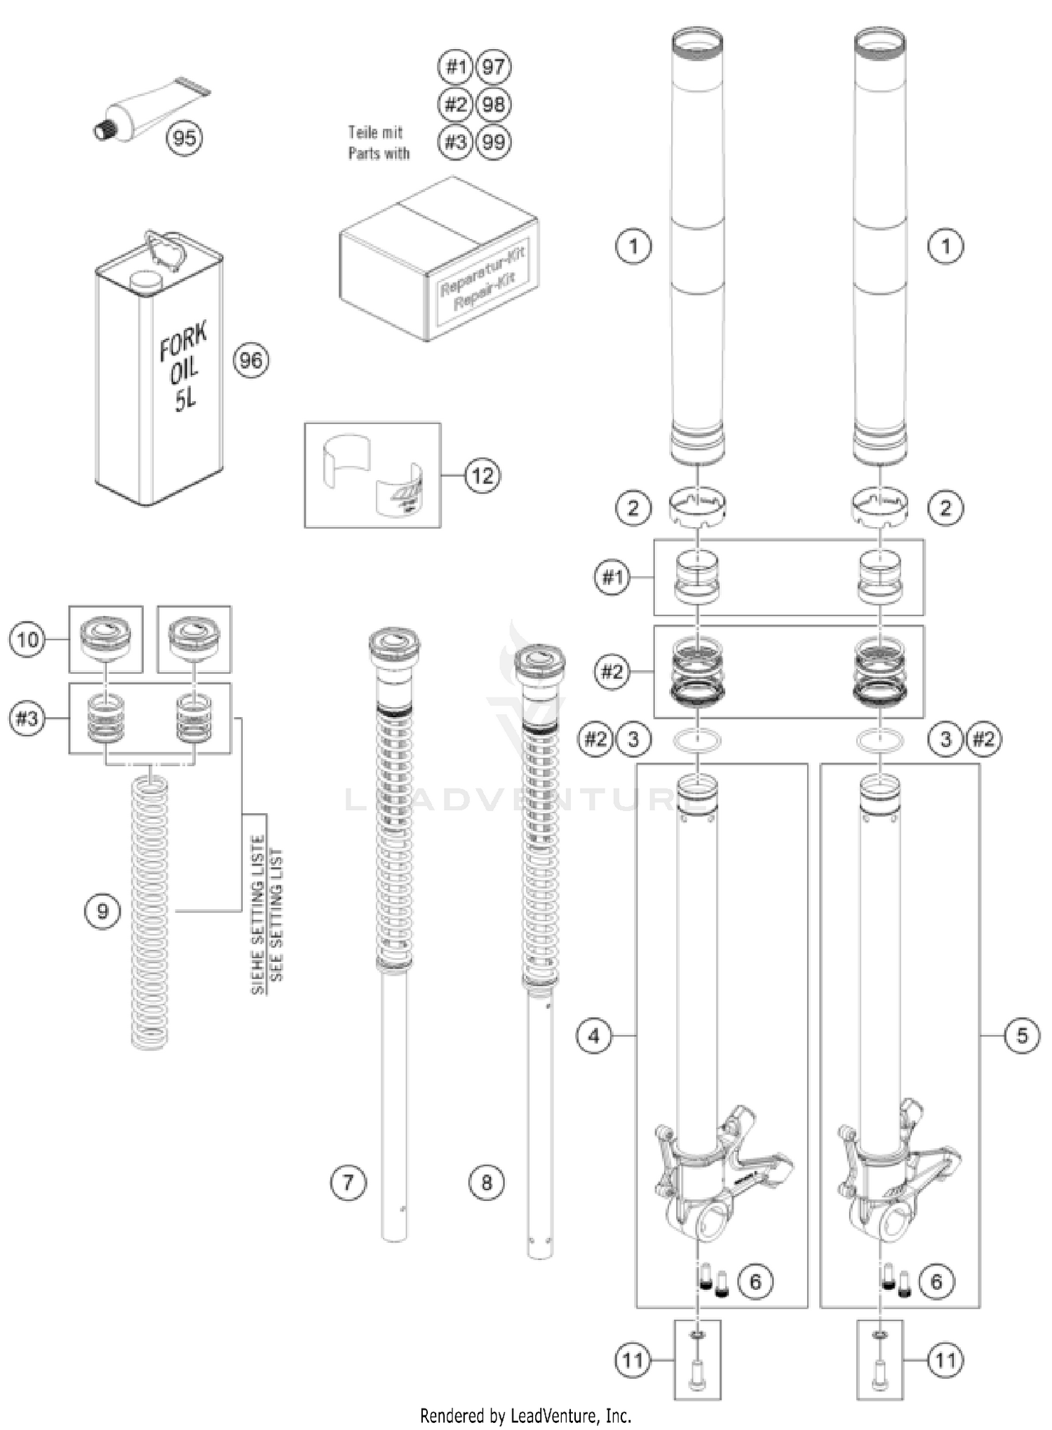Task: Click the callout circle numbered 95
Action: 184,137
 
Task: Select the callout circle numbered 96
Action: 250,360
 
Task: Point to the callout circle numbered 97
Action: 493,67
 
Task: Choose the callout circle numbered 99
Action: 493,142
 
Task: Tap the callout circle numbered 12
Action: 483,476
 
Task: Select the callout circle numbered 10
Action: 27,639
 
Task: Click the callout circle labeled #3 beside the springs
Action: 27,719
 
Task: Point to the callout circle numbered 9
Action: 102,911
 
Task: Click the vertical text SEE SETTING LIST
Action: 276,914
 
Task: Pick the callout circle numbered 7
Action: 348,1183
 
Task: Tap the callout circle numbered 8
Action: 486,1183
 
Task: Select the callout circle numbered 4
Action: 594,1035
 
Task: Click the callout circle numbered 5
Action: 1021,1035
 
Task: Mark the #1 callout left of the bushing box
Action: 612,578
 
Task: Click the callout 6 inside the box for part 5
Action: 936,1281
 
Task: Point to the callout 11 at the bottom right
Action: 945,1361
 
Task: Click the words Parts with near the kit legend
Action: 379,154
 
